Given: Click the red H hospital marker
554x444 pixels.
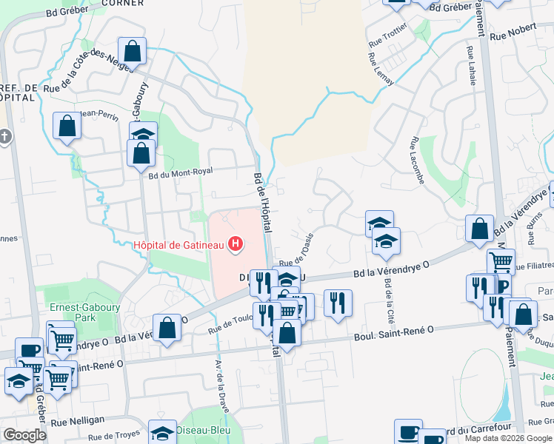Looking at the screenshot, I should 236,243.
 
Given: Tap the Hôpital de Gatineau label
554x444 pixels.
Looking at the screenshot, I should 181,246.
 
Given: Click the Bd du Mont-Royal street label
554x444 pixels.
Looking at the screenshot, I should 181,172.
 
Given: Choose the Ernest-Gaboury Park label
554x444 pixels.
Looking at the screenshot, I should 73,312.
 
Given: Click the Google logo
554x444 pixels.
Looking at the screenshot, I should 24,435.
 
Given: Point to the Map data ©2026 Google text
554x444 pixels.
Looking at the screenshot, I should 508,438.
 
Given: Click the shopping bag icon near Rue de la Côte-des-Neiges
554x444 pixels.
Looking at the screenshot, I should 132,53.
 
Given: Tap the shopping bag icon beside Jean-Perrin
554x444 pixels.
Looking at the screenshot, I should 67,127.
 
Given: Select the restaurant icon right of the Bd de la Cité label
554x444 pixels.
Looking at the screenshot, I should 338,303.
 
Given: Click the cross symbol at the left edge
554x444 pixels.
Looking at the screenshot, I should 4,137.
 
